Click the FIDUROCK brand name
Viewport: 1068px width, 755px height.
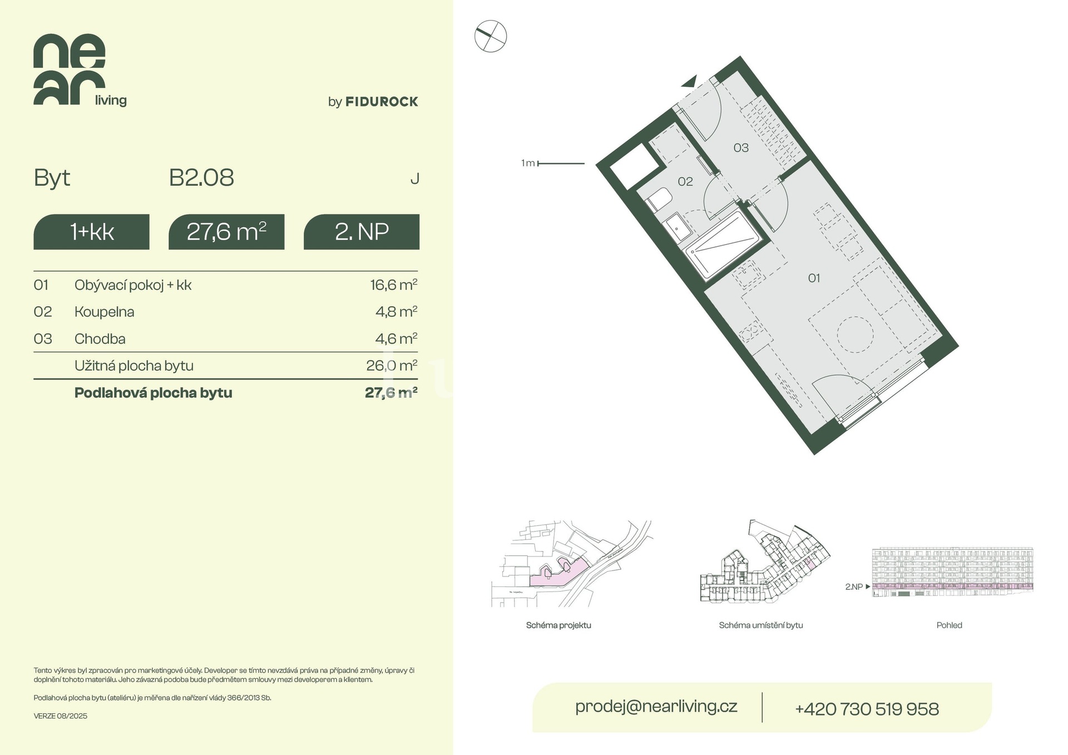[x=382, y=102]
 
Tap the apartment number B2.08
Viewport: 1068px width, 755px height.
[x=201, y=178]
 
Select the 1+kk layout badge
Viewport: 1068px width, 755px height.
[x=91, y=232]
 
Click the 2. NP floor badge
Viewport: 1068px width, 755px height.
[x=362, y=232]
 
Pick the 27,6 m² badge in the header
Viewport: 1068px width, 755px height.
[x=226, y=232]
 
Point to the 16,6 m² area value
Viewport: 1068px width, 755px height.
[x=394, y=285]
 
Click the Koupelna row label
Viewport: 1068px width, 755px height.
[x=105, y=312]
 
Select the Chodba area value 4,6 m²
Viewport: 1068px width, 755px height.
[x=396, y=339]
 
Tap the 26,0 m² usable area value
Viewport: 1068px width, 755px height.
[x=392, y=365]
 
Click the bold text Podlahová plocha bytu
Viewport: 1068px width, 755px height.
[x=154, y=393]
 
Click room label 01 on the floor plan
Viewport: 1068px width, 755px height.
[x=814, y=278]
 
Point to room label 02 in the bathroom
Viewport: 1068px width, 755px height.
[x=685, y=182]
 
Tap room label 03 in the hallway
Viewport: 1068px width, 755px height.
[x=741, y=148]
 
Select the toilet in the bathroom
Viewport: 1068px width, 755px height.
[x=659, y=200]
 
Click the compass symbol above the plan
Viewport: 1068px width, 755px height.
[x=491, y=37]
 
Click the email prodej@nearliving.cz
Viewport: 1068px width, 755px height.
[x=656, y=707]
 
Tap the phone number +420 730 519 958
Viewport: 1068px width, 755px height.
[x=867, y=709]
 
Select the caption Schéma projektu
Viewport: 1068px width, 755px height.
[x=558, y=625]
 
